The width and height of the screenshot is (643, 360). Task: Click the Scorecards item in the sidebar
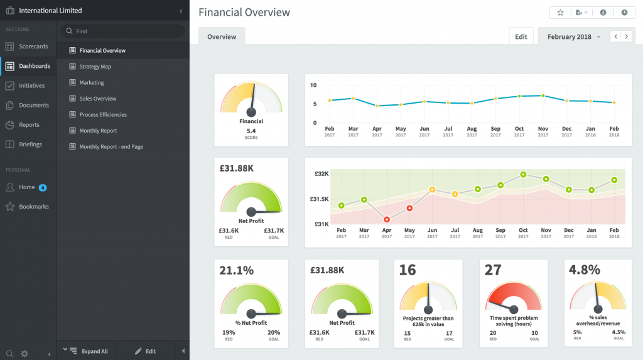pyautogui.click(x=33, y=46)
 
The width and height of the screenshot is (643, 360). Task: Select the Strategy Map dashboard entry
pyautogui.click(x=95, y=67)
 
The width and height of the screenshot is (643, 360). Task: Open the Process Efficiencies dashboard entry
pyautogui.click(x=102, y=115)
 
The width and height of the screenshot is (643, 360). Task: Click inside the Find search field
pyautogui.click(x=126, y=31)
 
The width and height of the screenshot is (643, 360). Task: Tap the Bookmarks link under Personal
pyautogui.click(x=33, y=207)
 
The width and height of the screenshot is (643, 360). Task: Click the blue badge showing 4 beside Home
pyautogui.click(x=43, y=187)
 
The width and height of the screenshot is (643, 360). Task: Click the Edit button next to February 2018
pyautogui.click(x=521, y=36)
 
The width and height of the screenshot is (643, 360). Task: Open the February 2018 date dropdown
pyautogui.click(x=573, y=37)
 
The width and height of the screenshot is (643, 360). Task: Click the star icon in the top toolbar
pyautogui.click(x=561, y=13)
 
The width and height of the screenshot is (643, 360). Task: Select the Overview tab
pyautogui.click(x=222, y=36)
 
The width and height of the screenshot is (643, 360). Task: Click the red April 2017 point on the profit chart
pyautogui.click(x=387, y=219)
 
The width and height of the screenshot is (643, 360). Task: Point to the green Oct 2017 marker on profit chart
pyautogui.click(x=523, y=175)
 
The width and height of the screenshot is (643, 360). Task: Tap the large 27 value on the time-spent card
pyautogui.click(x=493, y=270)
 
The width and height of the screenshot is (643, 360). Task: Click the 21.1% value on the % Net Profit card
pyautogui.click(x=236, y=270)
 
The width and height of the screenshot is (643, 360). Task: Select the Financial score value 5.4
pyautogui.click(x=251, y=131)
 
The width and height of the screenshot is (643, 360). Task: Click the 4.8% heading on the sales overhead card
pyautogui.click(x=584, y=270)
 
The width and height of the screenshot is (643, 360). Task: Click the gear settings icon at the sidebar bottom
pyautogui.click(x=24, y=354)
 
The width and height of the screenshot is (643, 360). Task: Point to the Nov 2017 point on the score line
pyautogui.click(x=543, y=96)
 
